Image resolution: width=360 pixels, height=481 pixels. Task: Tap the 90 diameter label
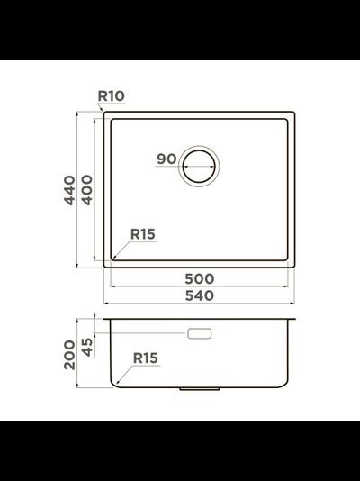[x=166, y=159]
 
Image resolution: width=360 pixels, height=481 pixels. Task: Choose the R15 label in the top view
[x=143, y=234]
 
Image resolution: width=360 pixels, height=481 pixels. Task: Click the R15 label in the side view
[x=145, y=358]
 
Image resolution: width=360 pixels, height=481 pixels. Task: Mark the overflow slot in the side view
[x=199, y=333]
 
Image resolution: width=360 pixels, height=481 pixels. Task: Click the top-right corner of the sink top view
[x=295, y=113]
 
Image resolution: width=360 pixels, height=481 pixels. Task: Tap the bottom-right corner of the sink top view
[x=295, y=264]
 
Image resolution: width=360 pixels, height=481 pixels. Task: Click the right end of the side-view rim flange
[x=297, y=319]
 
